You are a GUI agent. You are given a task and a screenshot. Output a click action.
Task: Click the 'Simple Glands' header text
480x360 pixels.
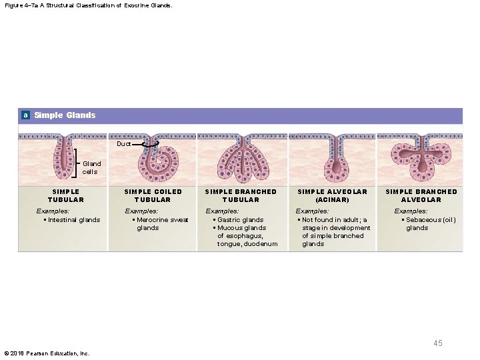click(65, 115)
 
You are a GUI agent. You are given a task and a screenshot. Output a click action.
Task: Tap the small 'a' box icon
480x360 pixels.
click(25, 115)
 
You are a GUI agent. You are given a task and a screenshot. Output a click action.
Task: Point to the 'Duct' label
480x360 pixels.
click(124, 144)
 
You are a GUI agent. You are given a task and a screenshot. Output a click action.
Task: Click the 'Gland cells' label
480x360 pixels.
click(91, 167)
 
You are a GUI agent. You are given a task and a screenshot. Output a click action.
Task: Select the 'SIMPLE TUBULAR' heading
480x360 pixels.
click(66, 195)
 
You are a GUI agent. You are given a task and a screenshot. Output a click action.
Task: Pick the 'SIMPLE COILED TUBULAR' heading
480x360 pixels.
click(153, 195)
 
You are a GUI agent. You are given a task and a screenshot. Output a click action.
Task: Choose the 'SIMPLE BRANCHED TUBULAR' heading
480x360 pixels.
click(241, 195)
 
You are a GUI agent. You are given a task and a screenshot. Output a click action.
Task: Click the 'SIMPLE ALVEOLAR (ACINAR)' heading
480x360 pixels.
click(332, 195)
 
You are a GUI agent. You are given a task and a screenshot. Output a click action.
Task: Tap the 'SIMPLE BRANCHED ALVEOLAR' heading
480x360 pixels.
click(421, 195)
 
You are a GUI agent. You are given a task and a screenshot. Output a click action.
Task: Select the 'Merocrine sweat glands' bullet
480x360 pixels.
click(162, 224)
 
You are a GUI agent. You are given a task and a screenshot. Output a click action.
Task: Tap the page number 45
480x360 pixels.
click(437, 343)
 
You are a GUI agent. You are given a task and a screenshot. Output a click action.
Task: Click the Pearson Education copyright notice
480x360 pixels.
click(47, 353)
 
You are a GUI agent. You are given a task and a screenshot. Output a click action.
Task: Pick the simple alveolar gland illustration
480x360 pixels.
click(331, 161)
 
